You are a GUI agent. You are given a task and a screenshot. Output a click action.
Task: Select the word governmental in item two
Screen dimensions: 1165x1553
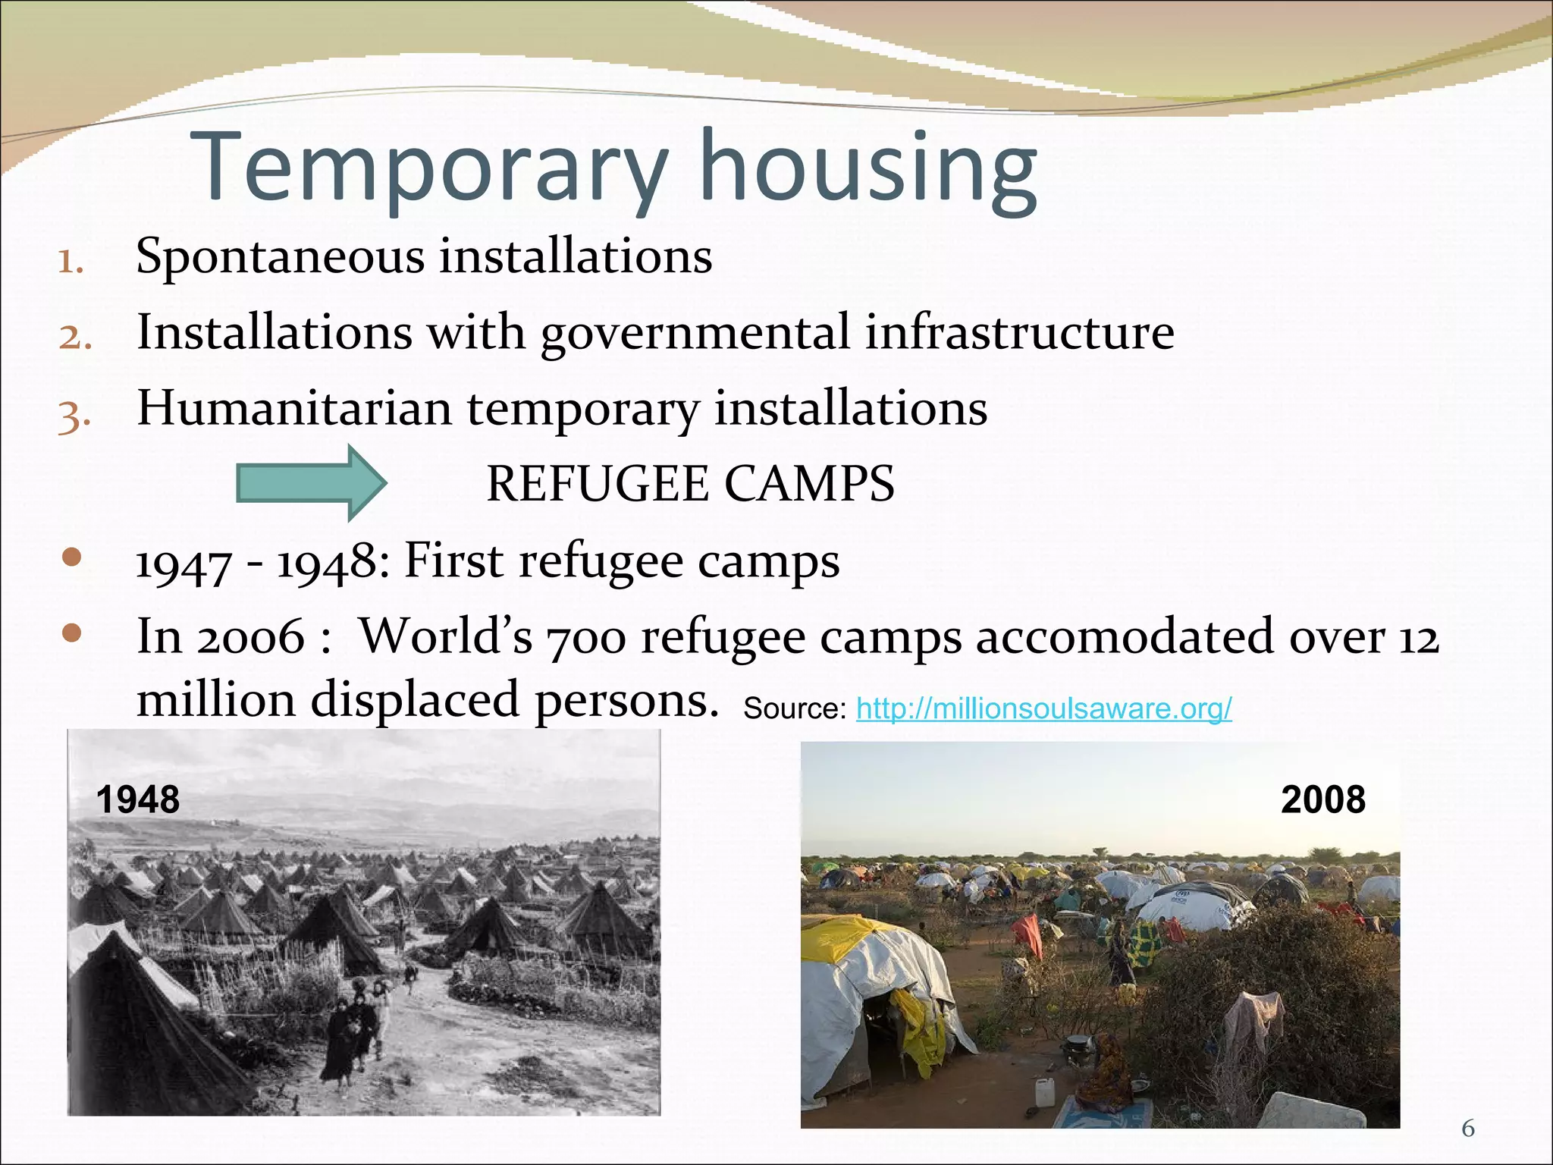point(695,334)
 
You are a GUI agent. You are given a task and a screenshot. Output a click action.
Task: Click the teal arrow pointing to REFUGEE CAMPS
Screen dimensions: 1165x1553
point(311,483)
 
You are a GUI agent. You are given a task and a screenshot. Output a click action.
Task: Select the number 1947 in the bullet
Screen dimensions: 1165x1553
point(183,564)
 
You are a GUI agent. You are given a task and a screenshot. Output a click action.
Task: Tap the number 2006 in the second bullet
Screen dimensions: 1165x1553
point(251,638)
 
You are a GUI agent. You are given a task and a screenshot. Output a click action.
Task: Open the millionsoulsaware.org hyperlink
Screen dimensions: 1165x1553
point(1043,708)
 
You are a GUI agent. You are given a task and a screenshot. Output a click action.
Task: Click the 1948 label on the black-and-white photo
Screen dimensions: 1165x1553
point(138,799)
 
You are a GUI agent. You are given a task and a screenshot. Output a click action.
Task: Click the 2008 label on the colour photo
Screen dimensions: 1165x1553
point(1323,799)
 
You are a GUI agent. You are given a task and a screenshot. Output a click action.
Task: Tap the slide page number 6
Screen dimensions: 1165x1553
point(1468,1129)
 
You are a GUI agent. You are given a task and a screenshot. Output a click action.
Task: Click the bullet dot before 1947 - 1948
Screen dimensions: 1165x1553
point(72,558)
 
